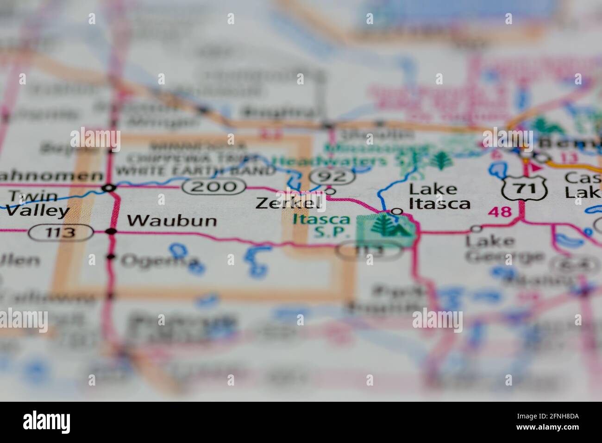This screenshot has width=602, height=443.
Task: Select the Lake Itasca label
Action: (x=439, y=196)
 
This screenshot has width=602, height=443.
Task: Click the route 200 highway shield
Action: (x=213, y=187)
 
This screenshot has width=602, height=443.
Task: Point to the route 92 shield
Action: (x=332, y=177)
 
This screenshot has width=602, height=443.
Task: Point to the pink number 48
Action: (x=500, y=212)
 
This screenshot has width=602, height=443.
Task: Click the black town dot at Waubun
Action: (x=111, y=231)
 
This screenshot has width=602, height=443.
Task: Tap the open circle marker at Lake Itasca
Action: (x=397, y=211)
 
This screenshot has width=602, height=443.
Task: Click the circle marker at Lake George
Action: (x=476, y=228)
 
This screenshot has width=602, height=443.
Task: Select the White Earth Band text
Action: (x=195, y=171)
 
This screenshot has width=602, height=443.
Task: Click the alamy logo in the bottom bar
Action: (x=47, y=422)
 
